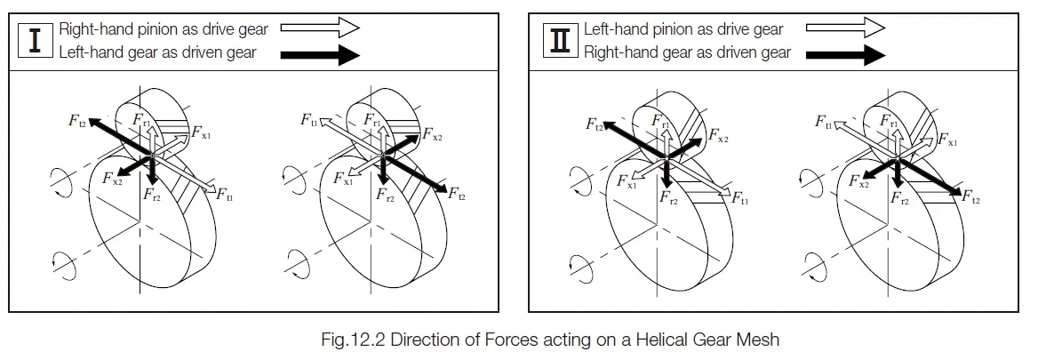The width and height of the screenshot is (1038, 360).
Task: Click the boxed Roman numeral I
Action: pos(36,41)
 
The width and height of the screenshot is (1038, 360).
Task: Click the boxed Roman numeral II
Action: pos(561,41)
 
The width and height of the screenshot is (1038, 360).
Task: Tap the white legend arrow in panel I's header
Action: pos(320,28)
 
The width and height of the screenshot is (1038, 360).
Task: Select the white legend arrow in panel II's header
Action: pos(845,28)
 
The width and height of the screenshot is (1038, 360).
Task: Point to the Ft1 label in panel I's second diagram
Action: pos(309,119)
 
